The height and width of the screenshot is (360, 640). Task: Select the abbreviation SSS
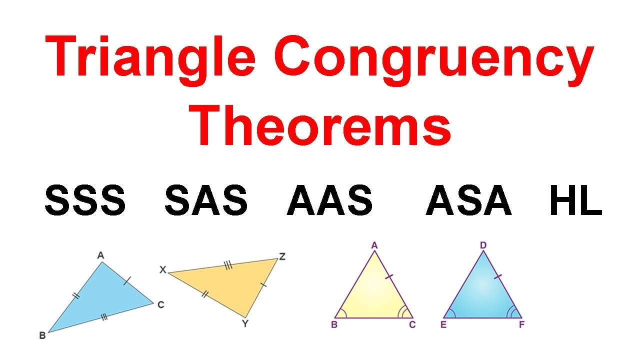85,200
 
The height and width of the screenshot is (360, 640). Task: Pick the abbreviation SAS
206,200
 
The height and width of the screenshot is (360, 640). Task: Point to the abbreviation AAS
330,200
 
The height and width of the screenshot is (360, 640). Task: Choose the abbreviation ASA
468,200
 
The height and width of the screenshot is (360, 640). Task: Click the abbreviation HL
575,200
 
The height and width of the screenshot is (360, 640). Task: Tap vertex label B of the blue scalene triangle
42,335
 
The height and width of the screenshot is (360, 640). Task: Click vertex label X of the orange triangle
162,269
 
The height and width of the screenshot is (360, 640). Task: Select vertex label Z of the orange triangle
282,256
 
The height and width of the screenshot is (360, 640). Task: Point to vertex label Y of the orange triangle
245,323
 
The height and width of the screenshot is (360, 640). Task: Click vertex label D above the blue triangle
483,245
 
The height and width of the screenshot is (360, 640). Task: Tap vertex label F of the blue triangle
522,325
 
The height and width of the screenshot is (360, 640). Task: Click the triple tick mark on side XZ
228,265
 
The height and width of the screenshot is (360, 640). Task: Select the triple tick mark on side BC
103,316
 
